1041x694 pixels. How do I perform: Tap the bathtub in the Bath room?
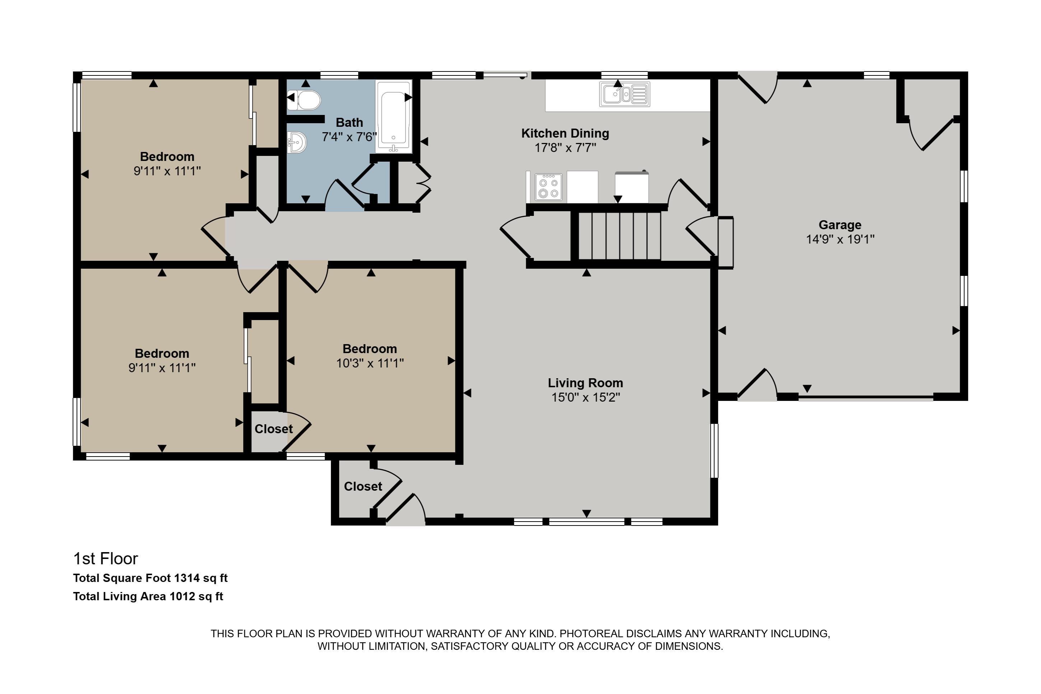click(x=393, y=117)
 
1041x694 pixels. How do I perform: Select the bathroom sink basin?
click(x=297, y=143)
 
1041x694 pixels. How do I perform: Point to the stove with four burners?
click(x=549, y=187)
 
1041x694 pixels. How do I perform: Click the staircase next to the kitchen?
click(x=620, y=236)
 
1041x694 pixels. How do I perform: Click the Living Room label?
click(x=585, y=383)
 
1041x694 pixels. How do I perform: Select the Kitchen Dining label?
click(x=565, y=133)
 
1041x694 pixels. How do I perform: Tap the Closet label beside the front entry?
click(x=362, y=486)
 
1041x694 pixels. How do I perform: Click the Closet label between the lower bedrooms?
click(x=273, y=429)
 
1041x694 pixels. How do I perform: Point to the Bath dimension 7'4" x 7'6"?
click(x=349, y=137)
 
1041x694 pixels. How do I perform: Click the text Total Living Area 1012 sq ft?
click(x=148, y=596)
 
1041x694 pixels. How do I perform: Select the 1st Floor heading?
click(x=105, y=559)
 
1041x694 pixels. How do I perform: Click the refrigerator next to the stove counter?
click(x=631, y=187)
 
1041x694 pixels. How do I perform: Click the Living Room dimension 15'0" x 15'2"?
click(x=585, y=397)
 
